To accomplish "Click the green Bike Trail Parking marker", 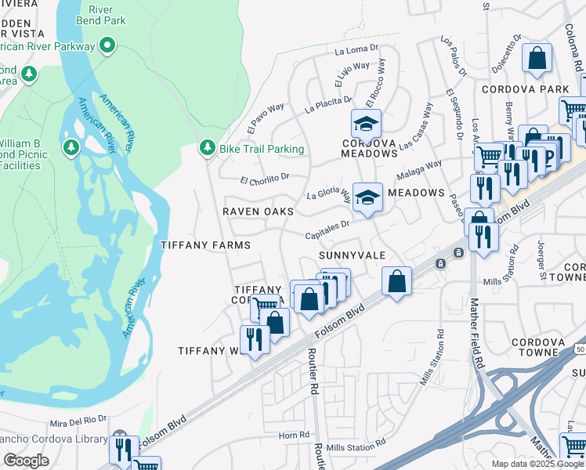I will (208, 147).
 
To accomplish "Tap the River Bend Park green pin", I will (109, 45).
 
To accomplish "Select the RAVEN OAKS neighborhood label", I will (258, 211).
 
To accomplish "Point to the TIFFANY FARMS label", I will (205, 245).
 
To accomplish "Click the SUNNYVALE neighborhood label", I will (352, 256).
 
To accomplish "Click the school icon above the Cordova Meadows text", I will (365, 123).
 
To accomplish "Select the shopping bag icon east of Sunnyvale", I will (397, 280).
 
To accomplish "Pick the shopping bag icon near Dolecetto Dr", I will (537, 58).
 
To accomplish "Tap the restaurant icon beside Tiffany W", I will (254, 338).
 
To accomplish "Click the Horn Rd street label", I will (294, 435).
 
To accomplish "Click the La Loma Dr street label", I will (356, 51).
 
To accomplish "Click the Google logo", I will (27, 460).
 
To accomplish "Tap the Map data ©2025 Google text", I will (537, 464).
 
